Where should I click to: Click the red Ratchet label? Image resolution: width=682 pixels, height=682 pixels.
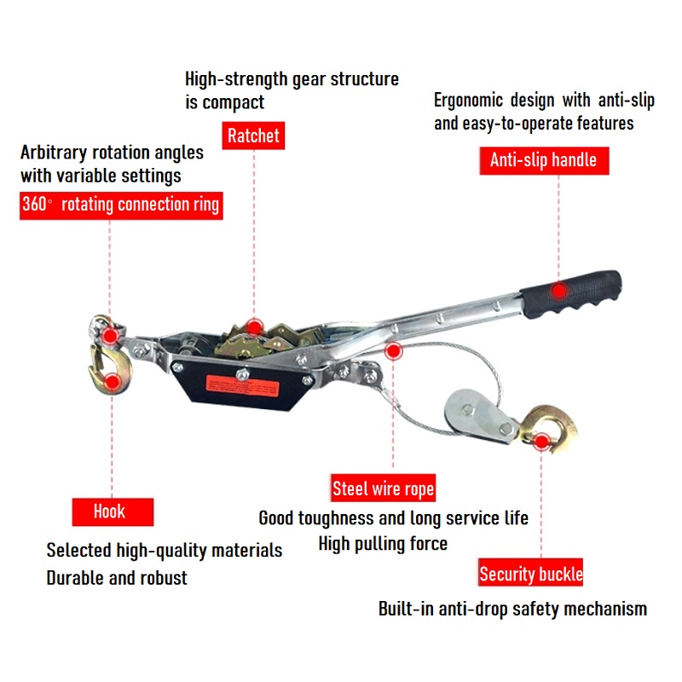[253, 136]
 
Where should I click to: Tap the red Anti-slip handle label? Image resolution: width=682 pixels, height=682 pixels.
[544, 160]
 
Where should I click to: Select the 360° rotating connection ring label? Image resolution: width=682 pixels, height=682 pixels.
[121, 205]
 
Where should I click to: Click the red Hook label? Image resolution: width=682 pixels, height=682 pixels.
[113, 512]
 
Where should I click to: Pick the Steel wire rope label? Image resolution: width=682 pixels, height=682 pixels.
[383, 488]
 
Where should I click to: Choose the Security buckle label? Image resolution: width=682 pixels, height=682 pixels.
[530, 572]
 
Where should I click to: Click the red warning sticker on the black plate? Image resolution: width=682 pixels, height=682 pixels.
[242, 386]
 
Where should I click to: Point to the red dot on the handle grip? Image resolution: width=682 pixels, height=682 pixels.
[559, 291]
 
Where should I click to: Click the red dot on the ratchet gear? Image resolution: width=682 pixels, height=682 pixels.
[254, 327]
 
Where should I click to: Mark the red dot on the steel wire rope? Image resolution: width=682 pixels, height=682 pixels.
[393, 350]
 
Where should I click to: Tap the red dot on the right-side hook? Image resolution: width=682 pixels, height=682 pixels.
[541, 442]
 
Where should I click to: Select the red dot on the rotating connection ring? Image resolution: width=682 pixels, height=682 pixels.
[110, 335]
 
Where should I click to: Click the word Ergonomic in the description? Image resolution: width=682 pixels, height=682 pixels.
[468, 101]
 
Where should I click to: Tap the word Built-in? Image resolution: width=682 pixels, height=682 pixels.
[406, 609]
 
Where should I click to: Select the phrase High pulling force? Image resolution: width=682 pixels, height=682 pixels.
[383, 544]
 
